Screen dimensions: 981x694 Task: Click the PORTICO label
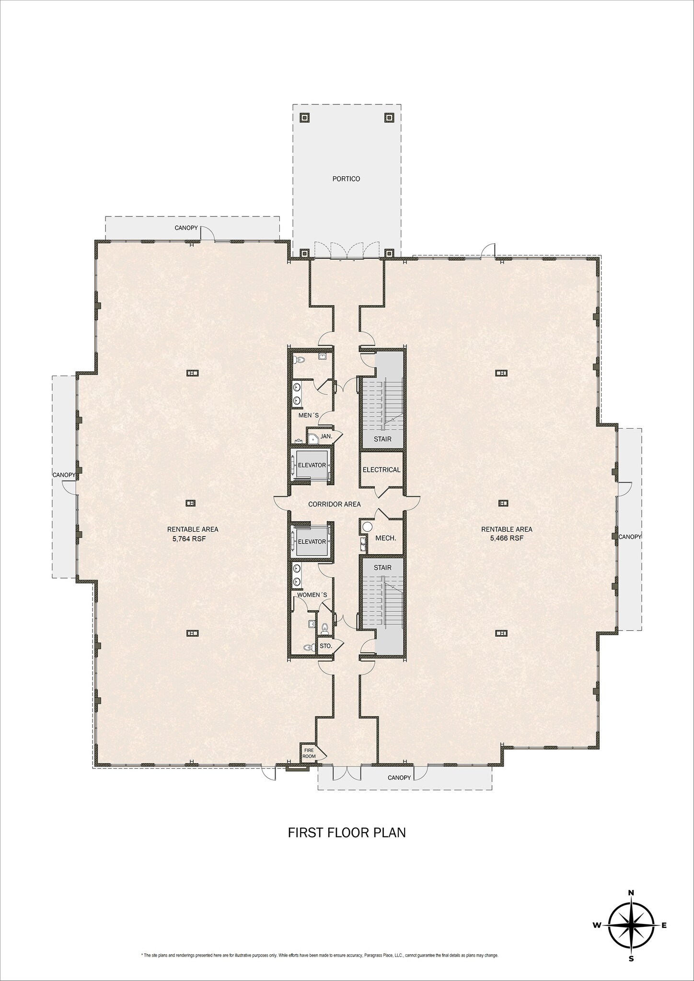346,179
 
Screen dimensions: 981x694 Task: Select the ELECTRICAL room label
382,469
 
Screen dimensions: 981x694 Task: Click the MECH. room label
385,538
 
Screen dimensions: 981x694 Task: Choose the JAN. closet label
326,436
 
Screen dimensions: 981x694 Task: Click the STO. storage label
326,646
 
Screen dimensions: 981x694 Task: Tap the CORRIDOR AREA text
334,504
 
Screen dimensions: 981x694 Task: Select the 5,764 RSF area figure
193,538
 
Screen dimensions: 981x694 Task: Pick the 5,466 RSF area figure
507,538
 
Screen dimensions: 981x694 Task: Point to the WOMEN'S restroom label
312,595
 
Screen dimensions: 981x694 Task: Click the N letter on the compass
631,892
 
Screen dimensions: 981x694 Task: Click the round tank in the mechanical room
368,527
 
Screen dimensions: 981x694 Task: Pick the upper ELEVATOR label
312,465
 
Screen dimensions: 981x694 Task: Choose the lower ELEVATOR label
312,542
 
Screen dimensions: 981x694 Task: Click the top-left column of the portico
304,117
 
